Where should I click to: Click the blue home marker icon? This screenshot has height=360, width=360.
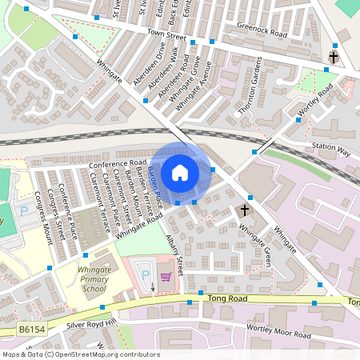pyautogui.click(x=180, y=172)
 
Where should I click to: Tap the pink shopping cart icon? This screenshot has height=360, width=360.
pyautogui.click(x=166, y=277)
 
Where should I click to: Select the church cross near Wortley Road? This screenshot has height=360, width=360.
pyautogui.click(x=334, y=58)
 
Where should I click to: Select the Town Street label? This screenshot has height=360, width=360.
pyautogui.click(x=166, y=36)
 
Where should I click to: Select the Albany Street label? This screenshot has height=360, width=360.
pyautogui.click(x=175, y=254)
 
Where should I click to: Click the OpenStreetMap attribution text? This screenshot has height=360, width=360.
pyautogui.click(x=80, y=354)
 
